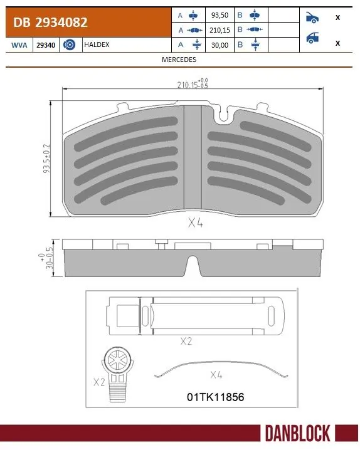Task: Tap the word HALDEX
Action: click(97, 44)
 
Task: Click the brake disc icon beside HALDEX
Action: click(70, 44)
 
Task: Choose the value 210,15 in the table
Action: click(220, 30)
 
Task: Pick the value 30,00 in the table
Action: click(220, 44)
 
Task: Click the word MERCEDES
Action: click(179, 60)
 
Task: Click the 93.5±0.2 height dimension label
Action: click(46, 160)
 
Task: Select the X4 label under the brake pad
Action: click(196, 222)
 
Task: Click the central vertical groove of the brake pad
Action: click(191, 157)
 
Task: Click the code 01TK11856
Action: click(215, 397)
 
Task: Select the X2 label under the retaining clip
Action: click(186, 341)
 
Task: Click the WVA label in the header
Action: click(18, 44)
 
